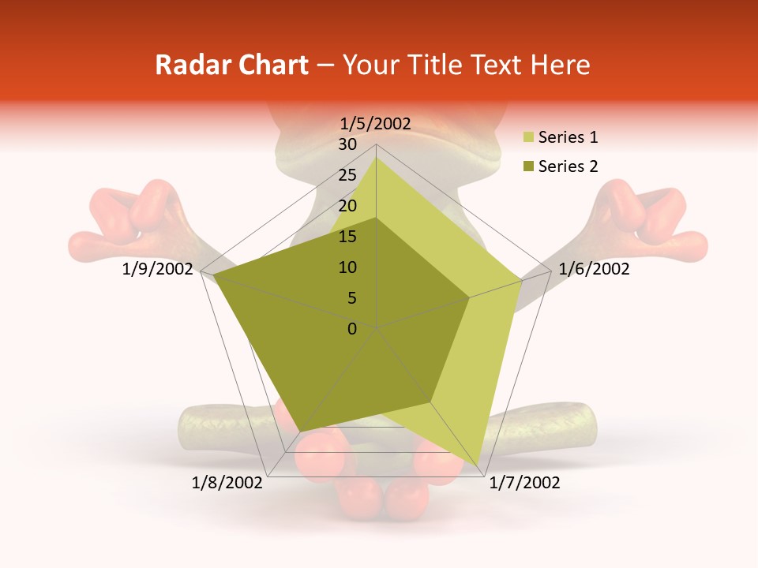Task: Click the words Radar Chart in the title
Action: (231, 65)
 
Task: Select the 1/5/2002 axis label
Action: (376, 123)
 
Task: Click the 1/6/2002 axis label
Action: (594, 269)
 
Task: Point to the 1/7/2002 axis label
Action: (524, 483)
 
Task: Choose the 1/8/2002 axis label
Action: (227, 483)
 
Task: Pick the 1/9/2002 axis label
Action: (158, 269)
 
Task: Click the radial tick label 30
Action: (347, 144)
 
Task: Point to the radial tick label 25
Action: (347, 175)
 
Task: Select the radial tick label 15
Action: (347, 237)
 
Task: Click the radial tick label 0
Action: (352, 329)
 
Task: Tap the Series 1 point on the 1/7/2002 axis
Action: (478, 465)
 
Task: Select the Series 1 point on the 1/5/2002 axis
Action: (376, 158)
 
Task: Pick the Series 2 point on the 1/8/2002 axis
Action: (299, 432)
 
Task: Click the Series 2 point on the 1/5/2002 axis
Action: (376, 219)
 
